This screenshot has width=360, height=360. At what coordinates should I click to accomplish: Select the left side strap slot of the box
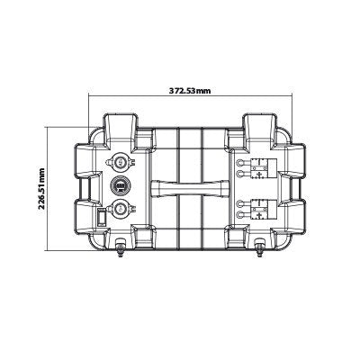pyautogui.click(x=87, y=188)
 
